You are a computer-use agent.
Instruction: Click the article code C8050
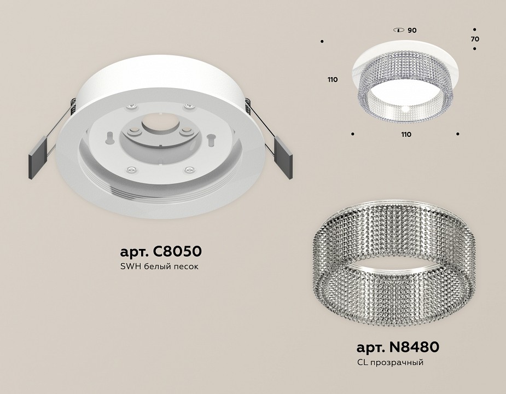[x=160, y=252]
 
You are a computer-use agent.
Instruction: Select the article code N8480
[x=398, y=347]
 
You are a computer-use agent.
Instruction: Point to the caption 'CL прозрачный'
[x=390, y=362]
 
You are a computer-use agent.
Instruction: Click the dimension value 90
[x=412, y=30]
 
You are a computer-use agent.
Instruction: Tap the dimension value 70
[x=474, y=39]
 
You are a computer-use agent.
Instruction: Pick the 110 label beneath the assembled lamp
[x=405, y=134]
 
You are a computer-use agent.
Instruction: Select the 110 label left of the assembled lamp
[x=333, y=80]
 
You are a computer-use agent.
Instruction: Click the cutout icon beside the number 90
[x=398, y=30]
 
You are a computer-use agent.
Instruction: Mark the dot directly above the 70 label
[x=474, y=30]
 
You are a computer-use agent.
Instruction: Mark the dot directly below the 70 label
[x=474, y=49]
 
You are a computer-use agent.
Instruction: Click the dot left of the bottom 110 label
[x=353, y=134]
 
